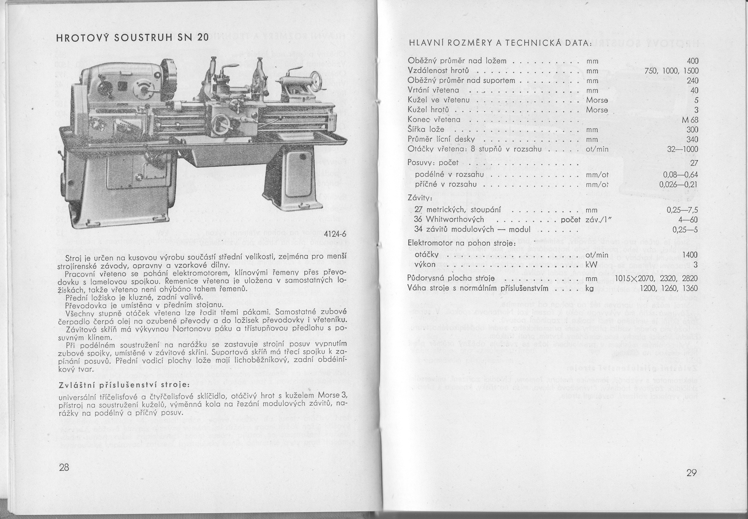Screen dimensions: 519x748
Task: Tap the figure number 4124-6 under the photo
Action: point(335,234)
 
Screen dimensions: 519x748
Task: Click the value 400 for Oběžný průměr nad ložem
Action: point(692,61)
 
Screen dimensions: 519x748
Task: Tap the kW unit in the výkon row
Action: point(592,265)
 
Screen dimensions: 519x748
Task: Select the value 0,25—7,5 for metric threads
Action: point(682,210)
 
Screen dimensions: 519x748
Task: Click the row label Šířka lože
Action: point(426,129)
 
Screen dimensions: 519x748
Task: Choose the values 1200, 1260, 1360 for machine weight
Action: point(669,289)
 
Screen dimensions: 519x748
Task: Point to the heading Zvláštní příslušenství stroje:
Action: point(124,385)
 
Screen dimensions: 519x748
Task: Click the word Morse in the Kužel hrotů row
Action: point(597,110)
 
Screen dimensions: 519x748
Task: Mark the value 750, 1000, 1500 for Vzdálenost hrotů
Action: point(672,71)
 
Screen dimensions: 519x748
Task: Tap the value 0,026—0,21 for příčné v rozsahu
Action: point(679,185)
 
